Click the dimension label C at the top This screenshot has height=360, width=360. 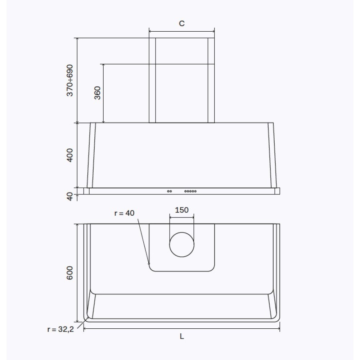(x=182, y=24)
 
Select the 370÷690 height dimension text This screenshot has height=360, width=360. (x=70, y=80)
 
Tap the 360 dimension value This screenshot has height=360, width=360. (x=98, y=93)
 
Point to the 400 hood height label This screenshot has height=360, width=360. (x=70, y=155)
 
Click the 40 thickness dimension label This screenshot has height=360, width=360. (x=70, y=196)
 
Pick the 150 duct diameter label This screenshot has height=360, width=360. (x=182, y=210)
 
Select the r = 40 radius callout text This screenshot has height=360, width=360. (x=124, y=213)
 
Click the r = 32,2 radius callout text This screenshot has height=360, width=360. (x=60, y=329)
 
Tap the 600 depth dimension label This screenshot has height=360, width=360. (x=70, y=273)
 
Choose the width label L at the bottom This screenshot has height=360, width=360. (x=182, y=337)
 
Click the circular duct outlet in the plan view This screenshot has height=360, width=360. (x=182, y=244)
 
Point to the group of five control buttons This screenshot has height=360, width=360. (x=190, y=191)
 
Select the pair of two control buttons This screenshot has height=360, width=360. (x=169, y=191)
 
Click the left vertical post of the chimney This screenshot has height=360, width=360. (x=152, y=80)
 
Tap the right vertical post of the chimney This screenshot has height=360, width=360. (x=211, y=80)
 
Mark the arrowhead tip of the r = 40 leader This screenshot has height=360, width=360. (x=149, y=265)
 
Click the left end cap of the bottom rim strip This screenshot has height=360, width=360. (x=86, y=191)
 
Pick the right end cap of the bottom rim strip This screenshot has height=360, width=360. (x=277, y=191)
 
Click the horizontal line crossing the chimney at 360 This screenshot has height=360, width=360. (x=182, y=64)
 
